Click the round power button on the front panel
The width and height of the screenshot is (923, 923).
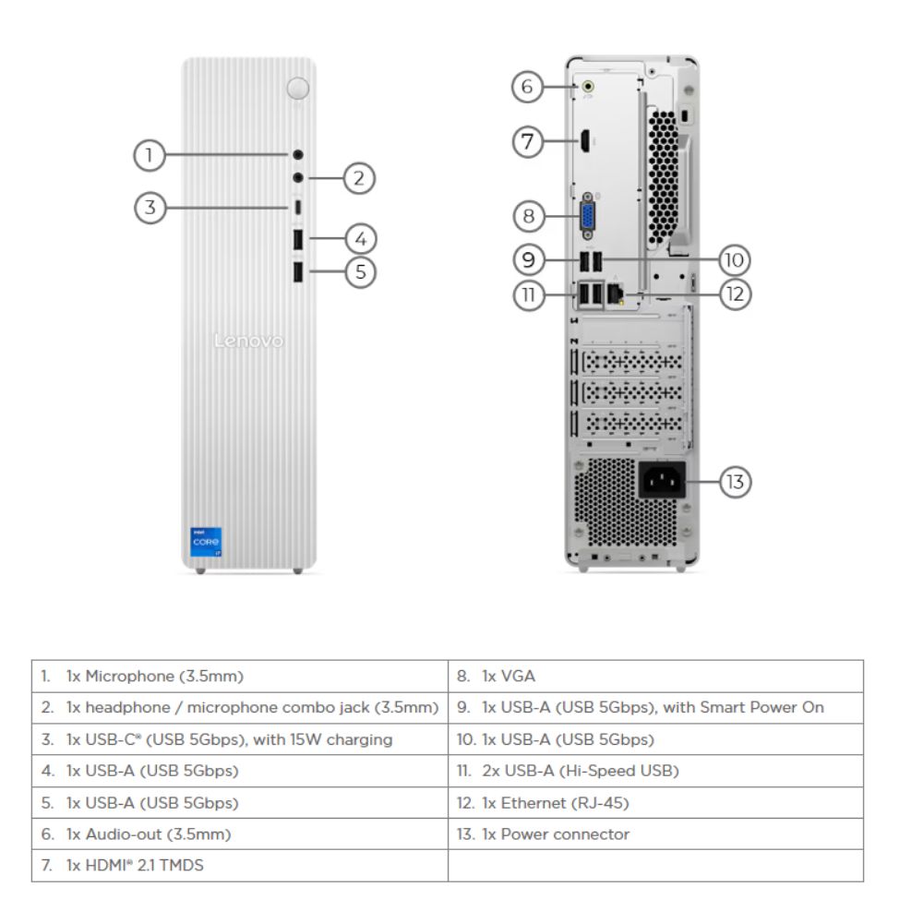click(297, 88)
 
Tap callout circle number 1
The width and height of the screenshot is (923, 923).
click(149, 155)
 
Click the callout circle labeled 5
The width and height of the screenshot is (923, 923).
click(361, 271)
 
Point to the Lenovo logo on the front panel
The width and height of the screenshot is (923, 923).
click(248, 342)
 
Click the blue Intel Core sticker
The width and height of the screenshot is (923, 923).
click(206, 542)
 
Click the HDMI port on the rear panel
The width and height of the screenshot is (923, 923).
click(585, 141)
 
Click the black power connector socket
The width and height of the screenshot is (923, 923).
click(662, 481)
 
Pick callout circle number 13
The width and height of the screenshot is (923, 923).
click(736, 482)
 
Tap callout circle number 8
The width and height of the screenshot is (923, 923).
click(528, 217)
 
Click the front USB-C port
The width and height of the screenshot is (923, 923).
click(297, 207)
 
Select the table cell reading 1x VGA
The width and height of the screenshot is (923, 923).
click(655, 677)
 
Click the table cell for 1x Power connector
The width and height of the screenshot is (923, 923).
click(655, 834)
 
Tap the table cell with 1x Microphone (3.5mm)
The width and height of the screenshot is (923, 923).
click(239, 677)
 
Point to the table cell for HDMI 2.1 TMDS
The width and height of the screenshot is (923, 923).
click(239, 866)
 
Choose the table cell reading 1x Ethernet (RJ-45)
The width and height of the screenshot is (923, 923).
click(655, 803)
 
